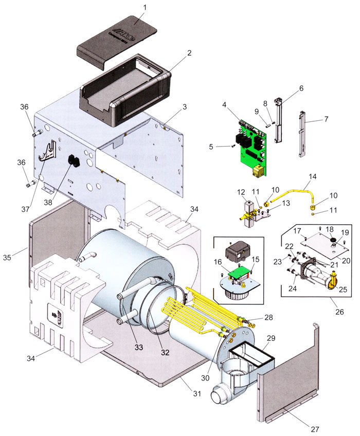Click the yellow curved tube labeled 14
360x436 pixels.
293,193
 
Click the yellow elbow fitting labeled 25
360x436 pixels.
334,280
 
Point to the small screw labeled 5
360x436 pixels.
233,146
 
